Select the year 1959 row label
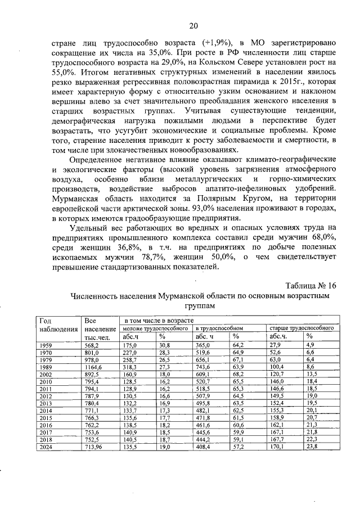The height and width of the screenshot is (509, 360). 45,344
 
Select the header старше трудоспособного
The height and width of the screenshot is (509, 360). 301,327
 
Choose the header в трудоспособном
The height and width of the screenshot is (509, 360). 219,327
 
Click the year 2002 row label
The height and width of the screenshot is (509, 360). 45,373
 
